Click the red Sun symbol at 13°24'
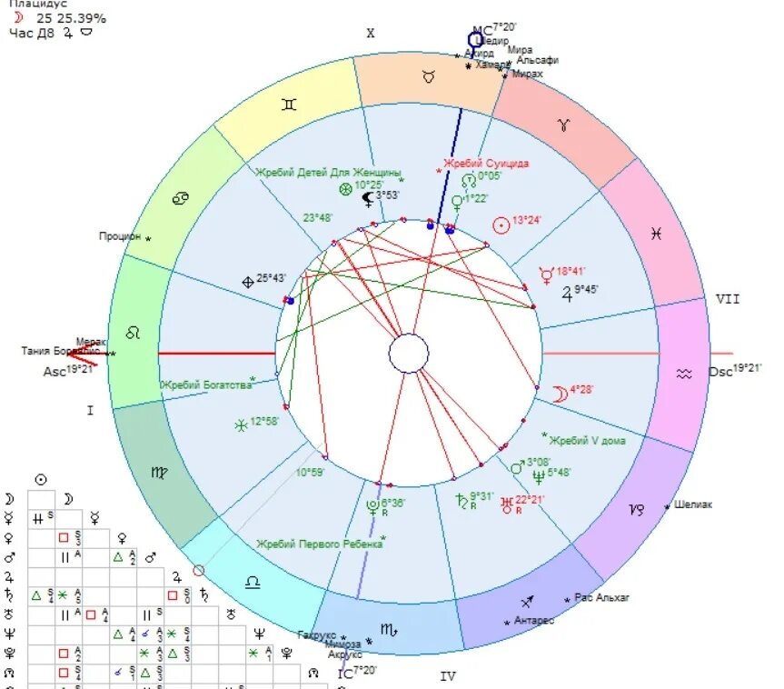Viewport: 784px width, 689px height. [501, 224]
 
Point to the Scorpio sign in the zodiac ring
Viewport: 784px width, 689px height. [388, 628]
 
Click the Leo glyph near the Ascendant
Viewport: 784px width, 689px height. [133, 334]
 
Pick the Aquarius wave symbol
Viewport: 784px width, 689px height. [683, 373]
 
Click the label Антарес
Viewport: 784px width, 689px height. [532, 621]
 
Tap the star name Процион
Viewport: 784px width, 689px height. [120, 236]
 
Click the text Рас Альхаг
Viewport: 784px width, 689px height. [602, 597]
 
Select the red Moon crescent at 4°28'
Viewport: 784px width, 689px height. [561, 393]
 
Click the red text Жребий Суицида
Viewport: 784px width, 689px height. [486, 164]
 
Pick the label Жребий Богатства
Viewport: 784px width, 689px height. [206, 385]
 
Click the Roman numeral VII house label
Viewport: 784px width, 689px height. [727, 298]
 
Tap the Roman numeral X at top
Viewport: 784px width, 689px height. [370, 34]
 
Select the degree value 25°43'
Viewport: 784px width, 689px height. [271, 278]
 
